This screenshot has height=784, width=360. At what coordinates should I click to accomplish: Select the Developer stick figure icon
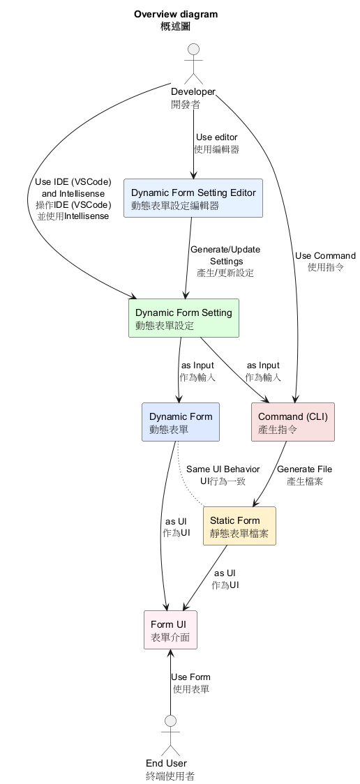193,63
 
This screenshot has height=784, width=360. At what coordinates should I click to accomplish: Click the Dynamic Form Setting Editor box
193,199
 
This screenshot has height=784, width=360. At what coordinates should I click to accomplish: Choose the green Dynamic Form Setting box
184,318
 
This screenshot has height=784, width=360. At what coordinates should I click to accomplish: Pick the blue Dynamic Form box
180,423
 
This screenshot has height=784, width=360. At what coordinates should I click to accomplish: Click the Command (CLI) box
292,423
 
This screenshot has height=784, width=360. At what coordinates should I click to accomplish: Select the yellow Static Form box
239,527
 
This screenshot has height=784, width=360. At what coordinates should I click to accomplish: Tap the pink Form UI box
170,630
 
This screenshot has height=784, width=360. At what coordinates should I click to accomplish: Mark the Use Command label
325,261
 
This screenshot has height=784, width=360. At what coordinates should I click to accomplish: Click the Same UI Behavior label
223,475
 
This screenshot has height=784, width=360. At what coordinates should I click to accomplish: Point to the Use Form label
190,682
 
